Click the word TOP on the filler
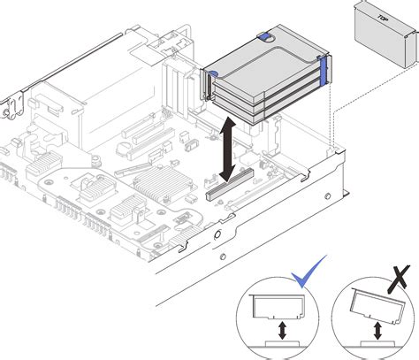[383, 18]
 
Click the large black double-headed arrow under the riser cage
[227, 149]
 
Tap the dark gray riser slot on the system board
[230, 184]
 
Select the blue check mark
[309, 272]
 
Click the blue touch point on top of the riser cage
[265, 36]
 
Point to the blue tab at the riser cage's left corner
[213, 73]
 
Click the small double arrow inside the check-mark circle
[283, 330]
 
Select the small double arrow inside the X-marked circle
[377, 331]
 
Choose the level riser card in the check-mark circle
[277, 307]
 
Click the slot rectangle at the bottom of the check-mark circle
[282, 344]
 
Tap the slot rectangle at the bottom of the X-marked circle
[377, 344]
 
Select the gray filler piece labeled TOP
[387, 34]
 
